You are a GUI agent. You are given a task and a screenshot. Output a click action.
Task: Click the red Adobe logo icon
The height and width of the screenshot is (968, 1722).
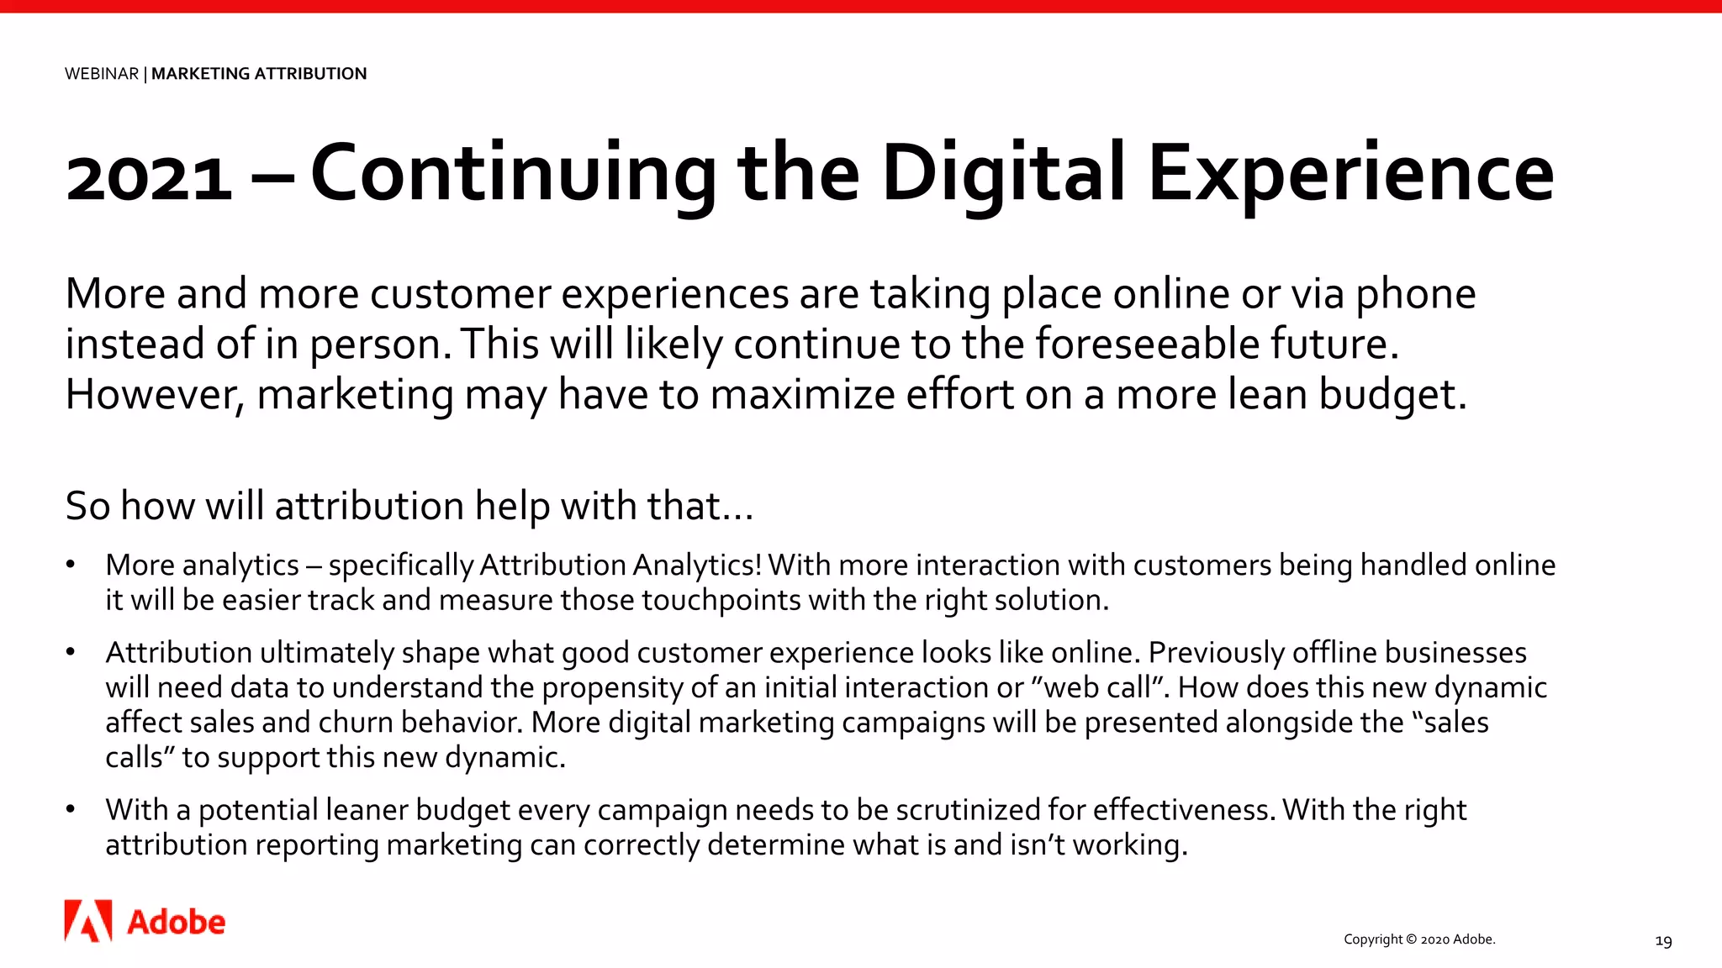(x=88, y=921)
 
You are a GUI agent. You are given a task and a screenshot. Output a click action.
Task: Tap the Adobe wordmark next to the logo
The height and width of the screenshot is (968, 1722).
(x=176, y=923)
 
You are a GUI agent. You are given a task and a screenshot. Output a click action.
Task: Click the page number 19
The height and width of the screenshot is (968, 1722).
(x=1663, y=941)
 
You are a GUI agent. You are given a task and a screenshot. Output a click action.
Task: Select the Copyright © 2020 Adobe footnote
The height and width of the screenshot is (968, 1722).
(x=1419, y=939)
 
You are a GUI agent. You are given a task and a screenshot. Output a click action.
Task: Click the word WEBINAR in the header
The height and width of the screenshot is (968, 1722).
(x=102, y=74)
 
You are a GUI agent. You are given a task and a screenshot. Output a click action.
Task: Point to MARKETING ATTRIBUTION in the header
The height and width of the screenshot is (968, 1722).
(x=259, y=74)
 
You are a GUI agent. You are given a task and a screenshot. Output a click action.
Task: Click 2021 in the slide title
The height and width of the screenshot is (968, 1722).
(x=149, y=178)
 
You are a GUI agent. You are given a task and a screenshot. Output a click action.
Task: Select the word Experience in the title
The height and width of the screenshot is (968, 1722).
(x=1350, y=173)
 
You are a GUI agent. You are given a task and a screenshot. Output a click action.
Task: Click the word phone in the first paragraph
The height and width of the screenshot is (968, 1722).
(x=1415, y=294)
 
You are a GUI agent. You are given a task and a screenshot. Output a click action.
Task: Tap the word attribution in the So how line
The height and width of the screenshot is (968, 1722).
(x=369, y=506)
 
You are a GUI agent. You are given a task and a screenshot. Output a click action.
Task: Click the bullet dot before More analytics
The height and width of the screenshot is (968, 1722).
(x=71, y=565)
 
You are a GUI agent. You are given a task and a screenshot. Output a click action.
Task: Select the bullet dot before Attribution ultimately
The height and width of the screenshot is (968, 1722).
(x=71, y=652)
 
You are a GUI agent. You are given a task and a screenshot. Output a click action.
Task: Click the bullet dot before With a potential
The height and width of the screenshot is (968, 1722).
(x=71, y=809)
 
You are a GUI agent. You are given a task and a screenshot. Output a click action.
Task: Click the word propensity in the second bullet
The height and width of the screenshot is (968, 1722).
(x=611, y=687)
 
